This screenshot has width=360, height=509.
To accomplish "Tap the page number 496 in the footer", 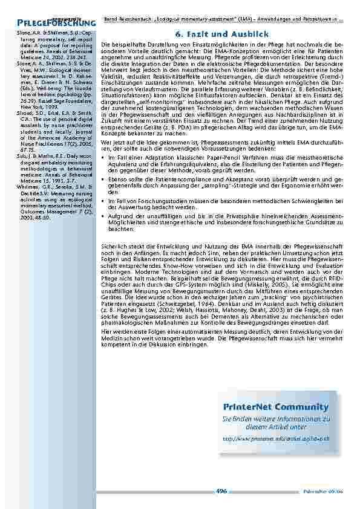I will pos(221,491).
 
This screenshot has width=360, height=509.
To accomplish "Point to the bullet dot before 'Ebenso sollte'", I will pos(103,179).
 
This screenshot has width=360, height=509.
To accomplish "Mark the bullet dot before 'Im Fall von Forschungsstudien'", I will pos(103,201).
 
